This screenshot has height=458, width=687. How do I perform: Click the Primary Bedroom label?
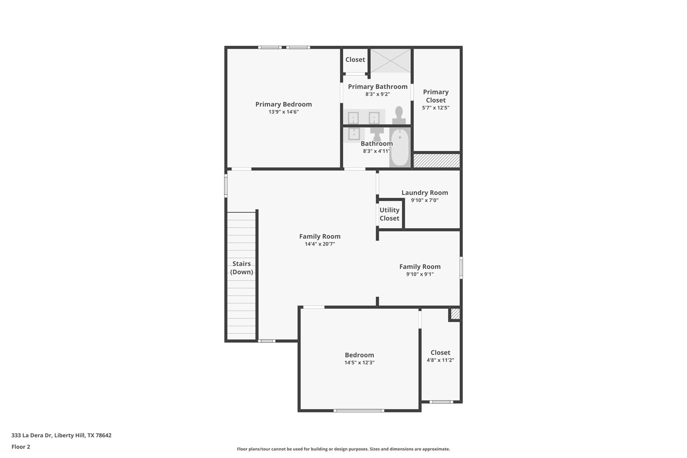(x=283, y=104)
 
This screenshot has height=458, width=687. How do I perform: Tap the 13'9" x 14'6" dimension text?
(x=283, y=112)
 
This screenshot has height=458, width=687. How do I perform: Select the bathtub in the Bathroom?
(x=400, y=147)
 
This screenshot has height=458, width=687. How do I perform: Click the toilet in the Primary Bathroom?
(x=399, y=115)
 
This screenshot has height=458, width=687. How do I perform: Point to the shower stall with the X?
(x=390, y=61)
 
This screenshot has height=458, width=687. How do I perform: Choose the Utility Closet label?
(x=389, y=214)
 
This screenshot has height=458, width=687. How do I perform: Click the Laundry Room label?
(x=425, y=193)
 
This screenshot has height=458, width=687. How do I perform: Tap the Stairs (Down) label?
(x=242, y=268)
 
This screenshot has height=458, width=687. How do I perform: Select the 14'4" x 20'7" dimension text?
(x=320, y=244)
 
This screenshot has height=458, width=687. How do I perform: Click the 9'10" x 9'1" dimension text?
(x=420, y=274)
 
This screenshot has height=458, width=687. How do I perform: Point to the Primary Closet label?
(x=436, y=96)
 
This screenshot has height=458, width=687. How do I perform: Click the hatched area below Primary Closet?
(x=436, y=161)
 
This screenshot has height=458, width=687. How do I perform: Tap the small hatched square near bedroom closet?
(x=455, y=314)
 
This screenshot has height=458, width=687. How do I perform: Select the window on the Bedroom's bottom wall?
(x=359, y=410)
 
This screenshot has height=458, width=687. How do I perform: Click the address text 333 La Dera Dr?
(x=32, y=435)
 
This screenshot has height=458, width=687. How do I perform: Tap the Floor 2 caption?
(x=21, y=447)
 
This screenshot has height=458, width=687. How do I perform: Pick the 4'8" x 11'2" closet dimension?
(x=440, y=360)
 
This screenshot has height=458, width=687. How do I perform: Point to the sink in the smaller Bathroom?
(x=354, y=134)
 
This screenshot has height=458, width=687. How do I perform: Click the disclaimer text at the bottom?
(x=343, y=449)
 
